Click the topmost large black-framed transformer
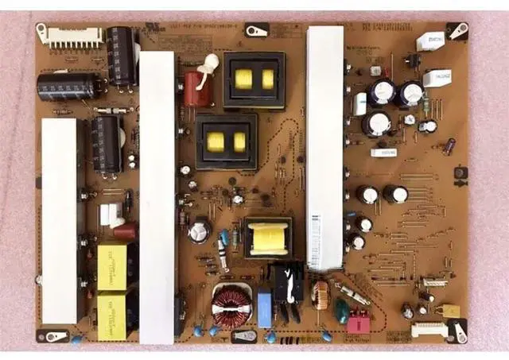coord(254,79)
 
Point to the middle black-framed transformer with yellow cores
coord(227,141)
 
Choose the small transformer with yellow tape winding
coord(267,237)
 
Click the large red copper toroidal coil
coord(231,305)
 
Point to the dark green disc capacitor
coord(341,311)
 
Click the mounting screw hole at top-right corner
coord(457,31)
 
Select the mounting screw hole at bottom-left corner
coord(54,336)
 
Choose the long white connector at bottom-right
coord(429,328)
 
